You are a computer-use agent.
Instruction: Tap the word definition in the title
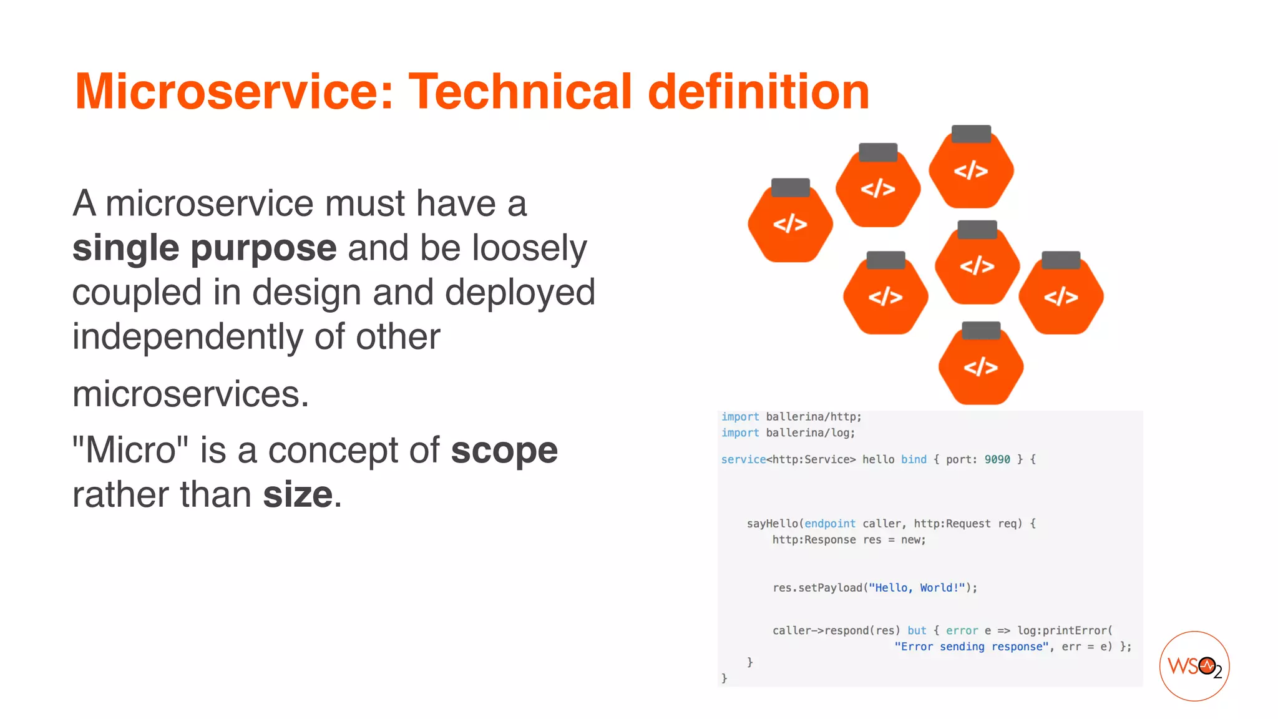758,92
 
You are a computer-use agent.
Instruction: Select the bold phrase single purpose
204,248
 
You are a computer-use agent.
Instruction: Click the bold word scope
504,451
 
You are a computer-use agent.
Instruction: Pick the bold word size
298,495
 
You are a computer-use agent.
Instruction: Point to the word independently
187,337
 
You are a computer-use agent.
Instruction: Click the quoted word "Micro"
130,451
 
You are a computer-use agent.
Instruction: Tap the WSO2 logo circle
1194,666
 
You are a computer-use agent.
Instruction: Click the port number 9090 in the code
997,459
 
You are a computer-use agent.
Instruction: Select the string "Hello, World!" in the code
917,588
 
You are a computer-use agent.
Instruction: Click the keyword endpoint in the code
829,524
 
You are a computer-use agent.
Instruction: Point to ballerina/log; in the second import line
810,433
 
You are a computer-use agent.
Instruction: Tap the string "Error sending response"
971,647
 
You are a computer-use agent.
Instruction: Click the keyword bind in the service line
914,459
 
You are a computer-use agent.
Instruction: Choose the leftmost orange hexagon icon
790,225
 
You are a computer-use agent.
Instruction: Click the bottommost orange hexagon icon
980,368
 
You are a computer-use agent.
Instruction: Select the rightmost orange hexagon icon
1061,297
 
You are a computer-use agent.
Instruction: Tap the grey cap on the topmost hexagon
971,134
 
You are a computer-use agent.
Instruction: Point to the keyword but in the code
917,631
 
